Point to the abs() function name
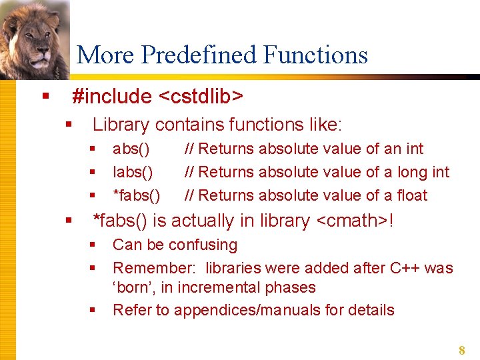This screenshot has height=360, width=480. (x=131, y=149)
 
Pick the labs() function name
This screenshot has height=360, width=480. (x=133, y=172)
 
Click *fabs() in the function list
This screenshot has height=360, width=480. (x=136, y=195)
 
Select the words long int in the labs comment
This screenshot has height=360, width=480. (x=423, y=172)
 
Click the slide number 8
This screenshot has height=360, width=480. (x=461, y=350)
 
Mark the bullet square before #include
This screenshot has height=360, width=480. (x=45, y=97)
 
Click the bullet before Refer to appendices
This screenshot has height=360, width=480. (x=93, y=310)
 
